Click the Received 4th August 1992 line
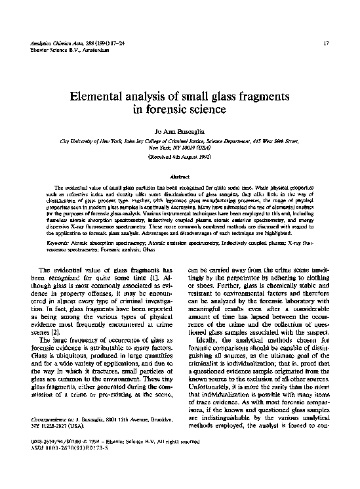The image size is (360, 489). pos(179,157)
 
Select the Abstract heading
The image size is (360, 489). pos(179,177)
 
